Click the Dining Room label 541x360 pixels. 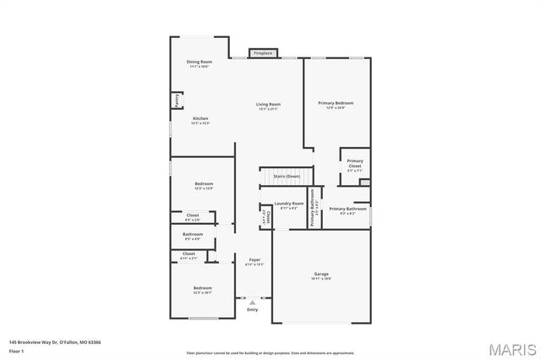(x=199, y=62)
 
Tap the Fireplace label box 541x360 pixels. (x=263, y=53)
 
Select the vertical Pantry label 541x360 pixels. (x=178, y=101)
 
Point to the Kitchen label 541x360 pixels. (x=199, y=118)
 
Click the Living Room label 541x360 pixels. (x=268, y=104)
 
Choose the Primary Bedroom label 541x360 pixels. (x=336, y=103)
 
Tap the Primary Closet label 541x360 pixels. (x=355, y=163)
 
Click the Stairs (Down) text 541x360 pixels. (x=287, y=176)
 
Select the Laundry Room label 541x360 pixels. (x=288, y=204)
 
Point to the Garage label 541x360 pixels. (x=321, y=274)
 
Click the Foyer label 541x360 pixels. (x=254, y=259)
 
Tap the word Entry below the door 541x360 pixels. (x=252, y=309)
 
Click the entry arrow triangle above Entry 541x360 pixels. (x=252, y=302)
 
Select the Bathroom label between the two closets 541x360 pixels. (x=193, y=234)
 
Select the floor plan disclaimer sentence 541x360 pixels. (x=271, y=352)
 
